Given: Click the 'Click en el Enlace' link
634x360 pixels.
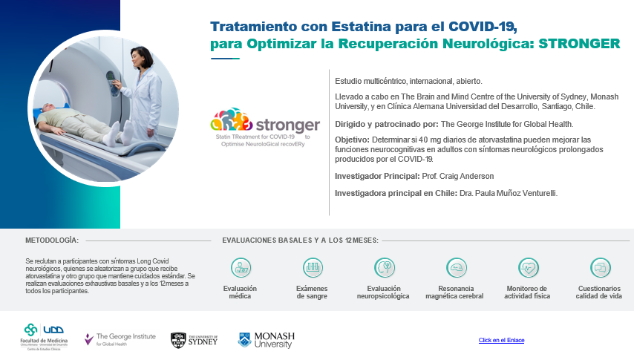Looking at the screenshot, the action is click(501, 340).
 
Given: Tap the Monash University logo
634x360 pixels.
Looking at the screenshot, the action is click(267, 340).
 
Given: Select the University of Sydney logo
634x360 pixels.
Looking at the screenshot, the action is click(194, 340).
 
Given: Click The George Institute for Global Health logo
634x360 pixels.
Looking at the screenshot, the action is click(120, 339).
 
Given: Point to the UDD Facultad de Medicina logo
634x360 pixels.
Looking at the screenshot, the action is click(44, 336).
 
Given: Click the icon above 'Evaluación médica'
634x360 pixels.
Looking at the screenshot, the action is click(241, 268).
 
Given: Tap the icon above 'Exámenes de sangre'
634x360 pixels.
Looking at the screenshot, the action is click(313, 268).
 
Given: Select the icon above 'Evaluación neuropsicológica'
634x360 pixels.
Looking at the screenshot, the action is click(385, 268).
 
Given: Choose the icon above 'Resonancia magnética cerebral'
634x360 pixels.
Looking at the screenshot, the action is click(457, 268).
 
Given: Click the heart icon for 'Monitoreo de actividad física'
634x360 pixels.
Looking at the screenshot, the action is click(529, 268).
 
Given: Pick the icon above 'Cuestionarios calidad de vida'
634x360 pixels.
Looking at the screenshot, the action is click(600, 268).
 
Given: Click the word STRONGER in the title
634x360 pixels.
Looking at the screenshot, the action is click(579, 44).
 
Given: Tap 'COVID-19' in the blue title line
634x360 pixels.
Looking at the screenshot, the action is click(483, 27).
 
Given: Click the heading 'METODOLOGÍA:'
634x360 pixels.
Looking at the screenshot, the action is click(52, 240).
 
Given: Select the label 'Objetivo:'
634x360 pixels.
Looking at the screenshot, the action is click(352, 140).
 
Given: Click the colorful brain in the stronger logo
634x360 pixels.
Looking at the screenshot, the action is click(232, 120).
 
